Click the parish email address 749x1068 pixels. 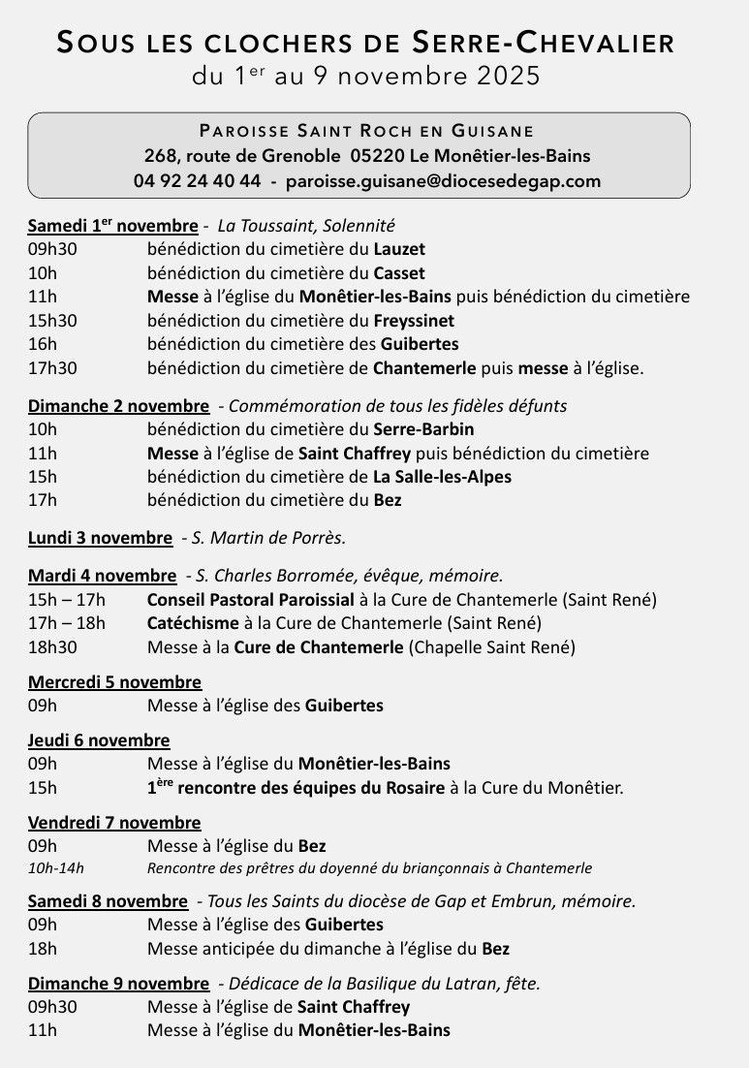pos(449,181)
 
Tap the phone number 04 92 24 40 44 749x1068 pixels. pos(197,181)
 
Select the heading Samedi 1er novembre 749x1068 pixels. pos(112,226)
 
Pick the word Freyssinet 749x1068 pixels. pos(414,321)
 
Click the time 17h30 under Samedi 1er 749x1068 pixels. pos(52,368)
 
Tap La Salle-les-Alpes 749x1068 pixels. pos(442,477)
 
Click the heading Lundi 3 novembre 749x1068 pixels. pos(100,537)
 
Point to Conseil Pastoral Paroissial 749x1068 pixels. pos(251,600)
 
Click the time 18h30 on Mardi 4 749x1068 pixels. pos(52,647)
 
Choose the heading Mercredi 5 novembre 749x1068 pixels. pos(114,682)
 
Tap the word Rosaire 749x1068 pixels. pos(415,788)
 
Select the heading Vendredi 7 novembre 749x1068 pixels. pos(114,823)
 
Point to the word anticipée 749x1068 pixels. pos(237,949)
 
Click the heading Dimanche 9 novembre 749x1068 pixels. pos(118,984)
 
